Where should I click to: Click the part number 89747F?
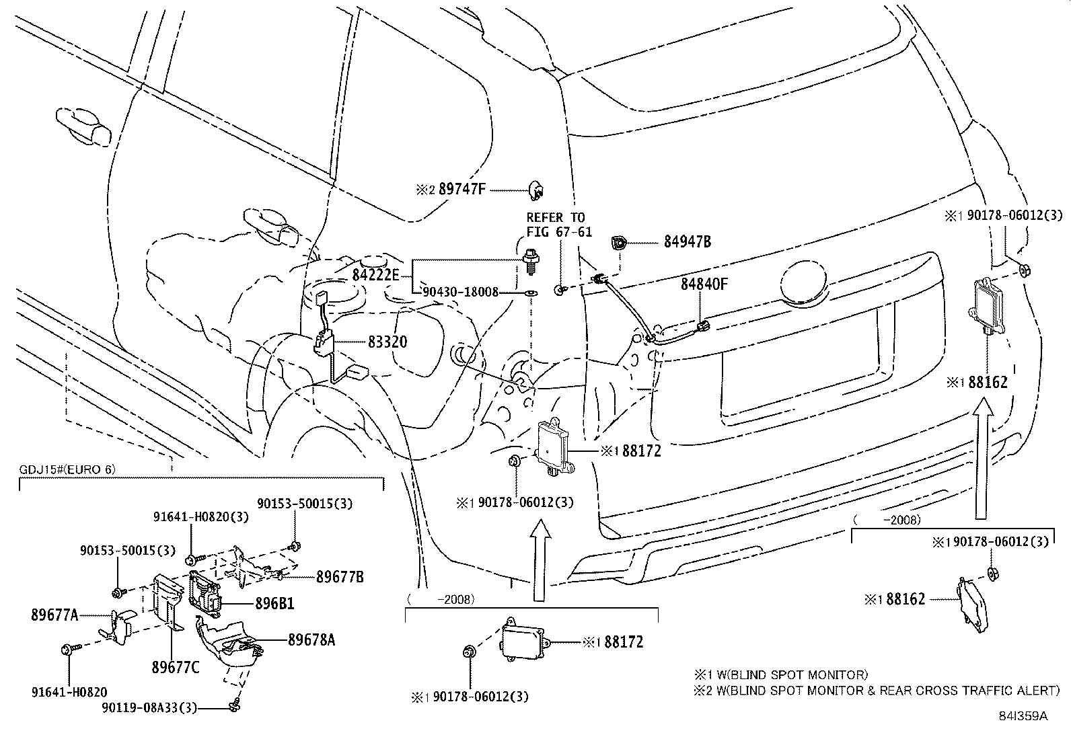461,190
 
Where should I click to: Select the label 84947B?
687,242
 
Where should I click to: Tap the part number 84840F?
704,284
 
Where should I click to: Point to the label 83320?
387,342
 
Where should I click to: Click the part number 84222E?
375,275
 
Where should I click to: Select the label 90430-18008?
461,293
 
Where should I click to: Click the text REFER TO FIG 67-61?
555,225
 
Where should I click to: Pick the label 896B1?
274,604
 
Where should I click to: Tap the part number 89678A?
311,639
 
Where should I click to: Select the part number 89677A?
54,615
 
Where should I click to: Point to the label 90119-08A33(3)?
149,708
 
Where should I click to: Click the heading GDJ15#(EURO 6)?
66,469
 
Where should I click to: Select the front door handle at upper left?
85,124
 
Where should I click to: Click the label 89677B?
340,576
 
